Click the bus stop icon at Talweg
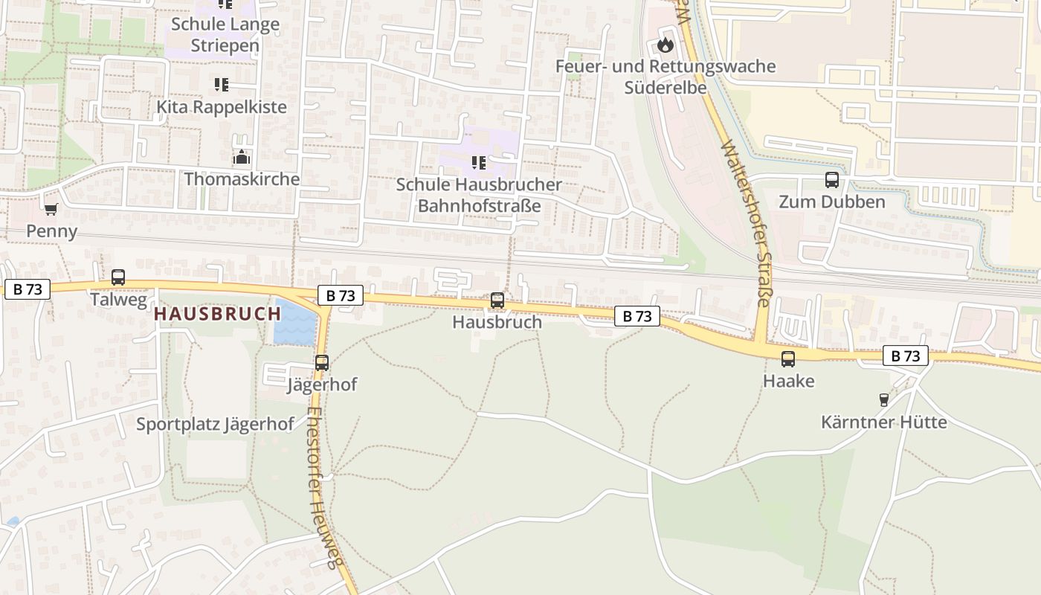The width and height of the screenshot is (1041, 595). point(118,277)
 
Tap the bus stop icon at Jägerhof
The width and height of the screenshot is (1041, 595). point(321,363)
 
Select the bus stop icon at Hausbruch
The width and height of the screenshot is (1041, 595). point(497,300)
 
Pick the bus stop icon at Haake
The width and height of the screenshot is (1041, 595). point(788,359)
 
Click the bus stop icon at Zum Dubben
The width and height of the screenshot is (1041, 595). point(831,180)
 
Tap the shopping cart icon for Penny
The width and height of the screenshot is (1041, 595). point(51,209)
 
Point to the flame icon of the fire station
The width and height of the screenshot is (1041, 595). point(665,45)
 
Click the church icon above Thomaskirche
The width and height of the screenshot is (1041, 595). point(241,158)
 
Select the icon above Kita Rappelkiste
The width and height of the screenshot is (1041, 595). point(221,85)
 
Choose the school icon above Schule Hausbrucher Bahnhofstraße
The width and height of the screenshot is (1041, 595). point(479,162)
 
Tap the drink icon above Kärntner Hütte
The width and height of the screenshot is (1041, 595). point(883,400)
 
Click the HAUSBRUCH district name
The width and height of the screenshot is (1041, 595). point(217,314)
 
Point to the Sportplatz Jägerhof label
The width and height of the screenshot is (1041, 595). point(215,425)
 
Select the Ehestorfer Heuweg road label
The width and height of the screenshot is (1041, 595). point(326,487)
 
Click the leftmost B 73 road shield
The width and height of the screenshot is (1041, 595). point(28,289)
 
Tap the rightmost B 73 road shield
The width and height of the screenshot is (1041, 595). point(906,356)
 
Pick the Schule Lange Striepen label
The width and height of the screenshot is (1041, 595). point(225,34)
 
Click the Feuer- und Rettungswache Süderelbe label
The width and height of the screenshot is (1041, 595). point(665,77)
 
